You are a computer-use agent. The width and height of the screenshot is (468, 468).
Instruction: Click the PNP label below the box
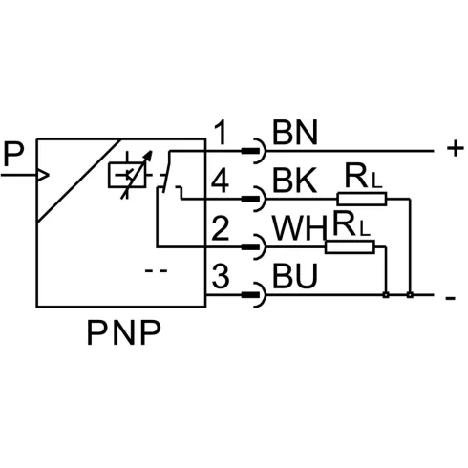pos(123,333)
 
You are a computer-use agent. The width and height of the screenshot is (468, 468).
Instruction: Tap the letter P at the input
pos(13,155)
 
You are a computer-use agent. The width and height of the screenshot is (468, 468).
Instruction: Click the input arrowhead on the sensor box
pos(43,175)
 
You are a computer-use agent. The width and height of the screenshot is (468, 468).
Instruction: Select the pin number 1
pos(221,133)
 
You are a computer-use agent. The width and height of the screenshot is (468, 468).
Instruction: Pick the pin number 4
pos(221,181)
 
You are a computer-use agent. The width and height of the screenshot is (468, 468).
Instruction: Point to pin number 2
pos(221,228)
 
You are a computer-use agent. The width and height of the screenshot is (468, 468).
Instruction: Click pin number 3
pos(221,276)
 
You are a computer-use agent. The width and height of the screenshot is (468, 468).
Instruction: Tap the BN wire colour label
pos(295,133)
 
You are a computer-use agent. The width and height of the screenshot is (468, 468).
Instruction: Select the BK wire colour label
pos(295,181)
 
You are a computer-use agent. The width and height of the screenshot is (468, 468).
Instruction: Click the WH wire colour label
pos(300,228)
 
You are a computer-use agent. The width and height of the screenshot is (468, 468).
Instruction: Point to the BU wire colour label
pos(295,276)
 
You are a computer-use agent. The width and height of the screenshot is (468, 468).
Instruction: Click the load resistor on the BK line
pos(362,199)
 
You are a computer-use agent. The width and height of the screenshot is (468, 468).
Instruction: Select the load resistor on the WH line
pos(350,247)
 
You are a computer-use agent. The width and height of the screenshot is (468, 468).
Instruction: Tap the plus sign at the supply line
pos(456,148)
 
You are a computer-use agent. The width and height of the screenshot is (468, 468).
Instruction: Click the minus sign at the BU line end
pos(451,298)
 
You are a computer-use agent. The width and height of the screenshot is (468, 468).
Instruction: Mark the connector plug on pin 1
pos(253,151)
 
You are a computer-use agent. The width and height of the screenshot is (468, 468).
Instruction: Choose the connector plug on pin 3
pos(253,294)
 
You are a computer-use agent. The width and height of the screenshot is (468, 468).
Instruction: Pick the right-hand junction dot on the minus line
pos(410,295)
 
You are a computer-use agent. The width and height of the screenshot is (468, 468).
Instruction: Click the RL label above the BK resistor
pos(363,177)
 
